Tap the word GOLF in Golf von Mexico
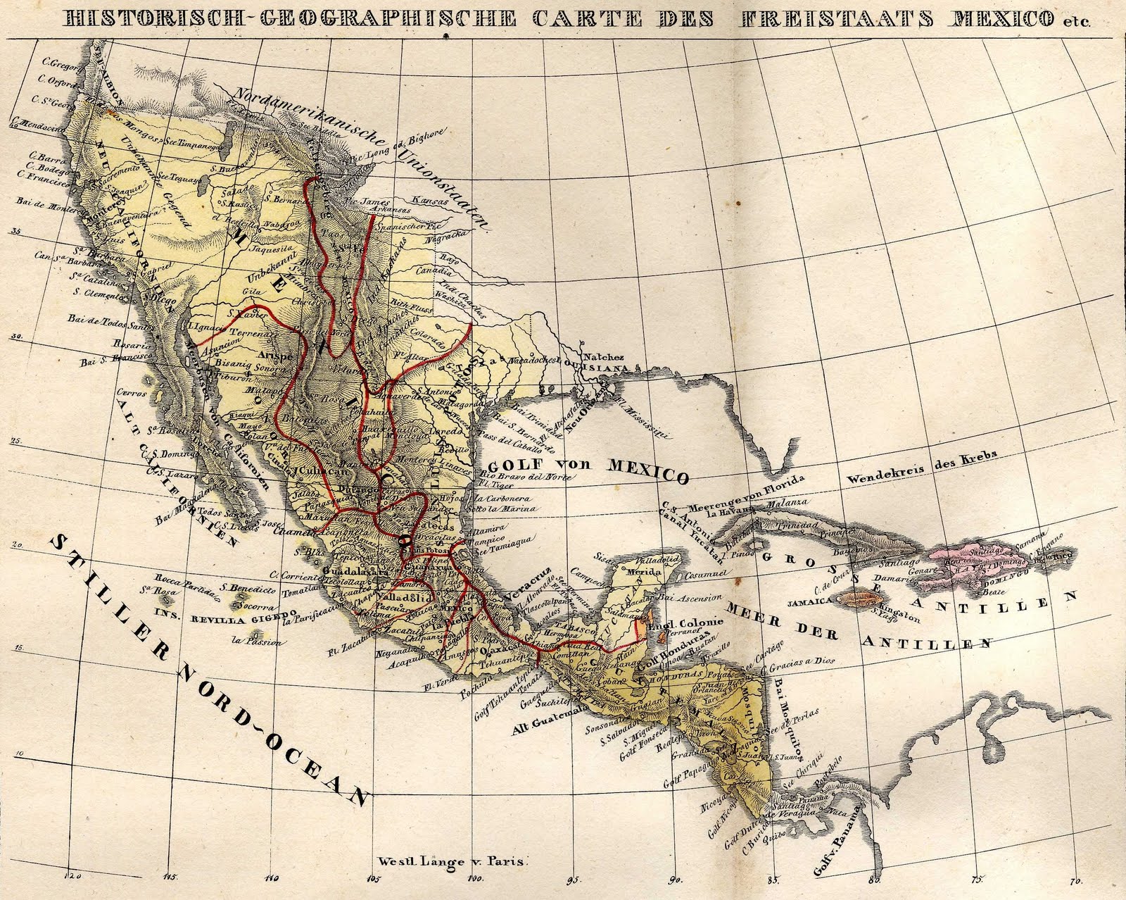tap(515, 468)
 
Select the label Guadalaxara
tap(355, 573)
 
